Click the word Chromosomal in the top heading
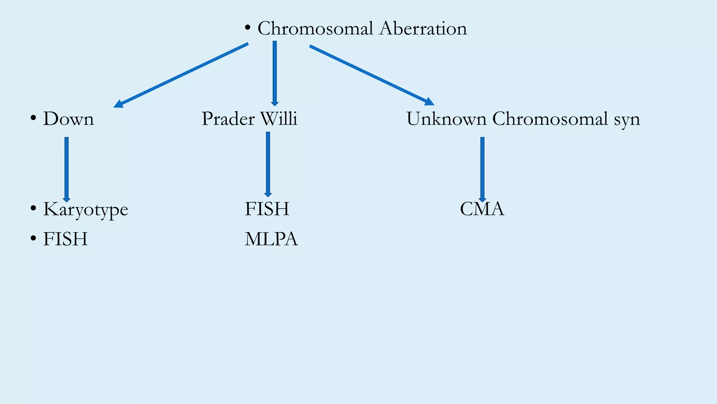click(315, 28)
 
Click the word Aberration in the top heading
click(423, 28)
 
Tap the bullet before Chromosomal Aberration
click(248, 27)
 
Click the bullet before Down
click(33, 117)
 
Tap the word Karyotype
click(86, 210)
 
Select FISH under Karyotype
click(65, 239)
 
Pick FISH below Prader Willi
click(267, 209)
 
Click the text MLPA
click(271, 239)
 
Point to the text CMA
click(482, 209)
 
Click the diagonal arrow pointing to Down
click(181, 75)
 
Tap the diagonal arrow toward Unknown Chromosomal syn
click(372, 75)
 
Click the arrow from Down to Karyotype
click(67, 169)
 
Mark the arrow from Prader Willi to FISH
click(268, 164)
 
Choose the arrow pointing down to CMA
click(482, 169)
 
